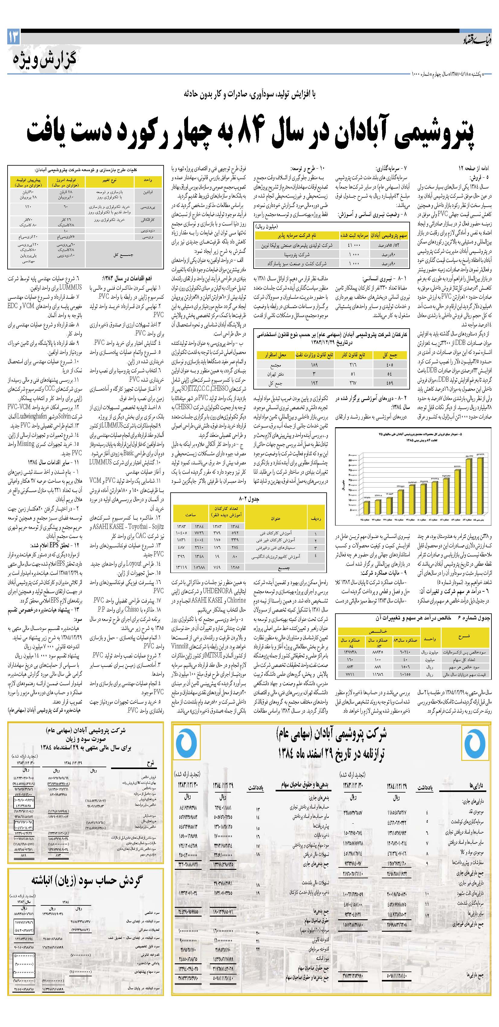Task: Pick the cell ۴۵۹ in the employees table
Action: (389, 383)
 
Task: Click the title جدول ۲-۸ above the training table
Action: (248, 498)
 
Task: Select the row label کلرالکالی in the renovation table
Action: (148, 220)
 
